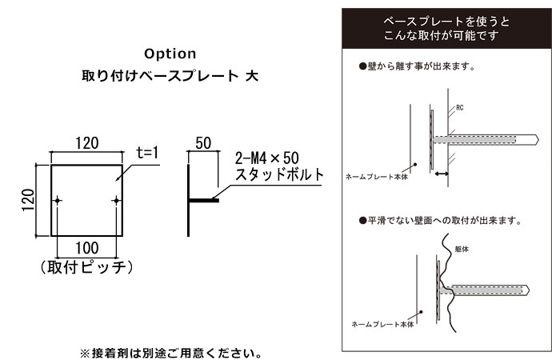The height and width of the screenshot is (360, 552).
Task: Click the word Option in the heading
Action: coord(170,54)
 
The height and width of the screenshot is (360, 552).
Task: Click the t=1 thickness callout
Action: coord(148,152)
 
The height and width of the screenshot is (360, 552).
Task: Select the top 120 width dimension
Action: coord(87,143)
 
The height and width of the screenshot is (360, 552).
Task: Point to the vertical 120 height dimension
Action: coord(28,200)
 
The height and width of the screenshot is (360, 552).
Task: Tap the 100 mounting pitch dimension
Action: coord(87,248)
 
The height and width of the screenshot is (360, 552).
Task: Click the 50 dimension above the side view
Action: coord(203,143)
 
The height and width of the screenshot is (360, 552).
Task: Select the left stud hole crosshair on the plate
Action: coord(58,201)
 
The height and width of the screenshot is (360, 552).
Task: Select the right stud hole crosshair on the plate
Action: coord(116,201)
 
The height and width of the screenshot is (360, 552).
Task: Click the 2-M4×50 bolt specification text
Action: coord(267,158)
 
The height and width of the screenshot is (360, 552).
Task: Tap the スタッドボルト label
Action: coord(279,174)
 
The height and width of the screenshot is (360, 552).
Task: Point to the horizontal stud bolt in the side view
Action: coord(204,201)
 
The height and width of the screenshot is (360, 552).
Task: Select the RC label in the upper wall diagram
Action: coord(460,108)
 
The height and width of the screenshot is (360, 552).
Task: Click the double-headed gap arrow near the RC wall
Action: coord(442,174)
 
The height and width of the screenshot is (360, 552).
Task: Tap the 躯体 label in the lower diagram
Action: coord(462,249)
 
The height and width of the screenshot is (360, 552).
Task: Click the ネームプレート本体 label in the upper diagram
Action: coord(377,177)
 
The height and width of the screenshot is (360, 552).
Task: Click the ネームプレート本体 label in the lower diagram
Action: coord(382,324)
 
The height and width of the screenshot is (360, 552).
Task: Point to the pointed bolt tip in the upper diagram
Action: coord(538,140)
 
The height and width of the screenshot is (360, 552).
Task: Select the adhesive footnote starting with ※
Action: coord(171,353)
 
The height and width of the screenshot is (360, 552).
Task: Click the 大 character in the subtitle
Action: coord(252,76)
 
